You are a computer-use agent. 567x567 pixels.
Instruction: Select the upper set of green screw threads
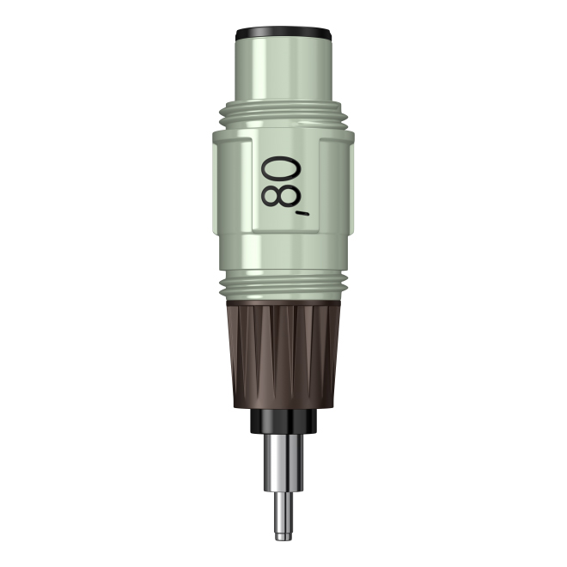coord(283,114)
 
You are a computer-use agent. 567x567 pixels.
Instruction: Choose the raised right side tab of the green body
coord(336,186)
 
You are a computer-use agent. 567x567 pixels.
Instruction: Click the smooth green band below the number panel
coord(283,253)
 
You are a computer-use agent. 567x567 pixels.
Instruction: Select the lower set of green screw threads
coord(283,286)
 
